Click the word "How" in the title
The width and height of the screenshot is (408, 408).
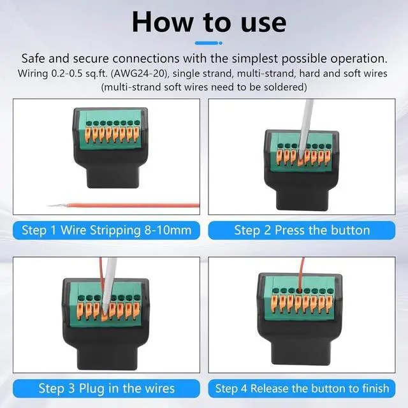click(x=163, y=22)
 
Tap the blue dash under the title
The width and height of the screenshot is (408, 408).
click(x=208, y=43)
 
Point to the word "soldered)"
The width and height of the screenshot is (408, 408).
click(x=286, y=87)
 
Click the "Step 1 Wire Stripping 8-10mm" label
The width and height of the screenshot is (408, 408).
click(x=106, y=230)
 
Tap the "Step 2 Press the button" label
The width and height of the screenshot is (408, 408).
click(x=302, y=230)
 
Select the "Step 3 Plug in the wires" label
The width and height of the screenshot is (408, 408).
click(x=106, y=388)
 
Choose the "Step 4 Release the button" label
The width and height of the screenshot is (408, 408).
click(x=302, y=388)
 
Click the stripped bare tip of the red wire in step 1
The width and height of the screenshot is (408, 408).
click(x=57, y=205)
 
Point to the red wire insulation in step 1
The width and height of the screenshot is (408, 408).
click(x=133, y=205)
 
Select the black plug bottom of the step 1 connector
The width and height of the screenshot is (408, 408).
click(x=112, y=177)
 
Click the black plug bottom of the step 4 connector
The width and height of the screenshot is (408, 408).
click(x=302, y=352)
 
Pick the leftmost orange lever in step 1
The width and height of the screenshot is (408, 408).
click(x=88, y=134)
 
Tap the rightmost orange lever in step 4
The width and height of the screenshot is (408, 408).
click(x=330, y=303)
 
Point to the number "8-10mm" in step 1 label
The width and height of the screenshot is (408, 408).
click(x=168, y=230)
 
